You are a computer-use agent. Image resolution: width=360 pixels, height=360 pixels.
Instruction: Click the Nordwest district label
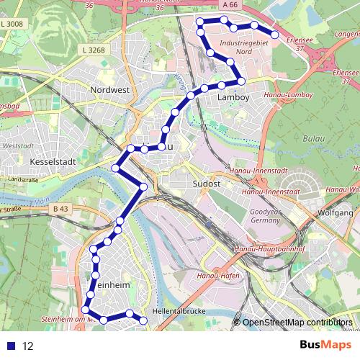pyautogui.click(x=109, y=90)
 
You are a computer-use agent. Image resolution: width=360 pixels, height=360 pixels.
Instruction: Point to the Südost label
pyautogui.click(x=207, y=184)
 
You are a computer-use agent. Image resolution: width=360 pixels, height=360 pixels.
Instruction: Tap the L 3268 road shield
pyautogui.click(x=94, y=50)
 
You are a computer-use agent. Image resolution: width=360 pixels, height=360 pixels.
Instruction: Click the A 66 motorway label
pyautogui.click(x=230, y=4)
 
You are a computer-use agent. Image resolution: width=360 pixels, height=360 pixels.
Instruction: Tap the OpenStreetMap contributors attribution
pyautogui.click(x=297, y=323)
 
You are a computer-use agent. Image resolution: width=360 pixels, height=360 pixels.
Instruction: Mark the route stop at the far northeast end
pyautogui.click(x=274, y=35)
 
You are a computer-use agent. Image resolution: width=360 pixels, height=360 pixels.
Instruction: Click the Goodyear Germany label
pyautogui.click(x=264, y=217)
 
